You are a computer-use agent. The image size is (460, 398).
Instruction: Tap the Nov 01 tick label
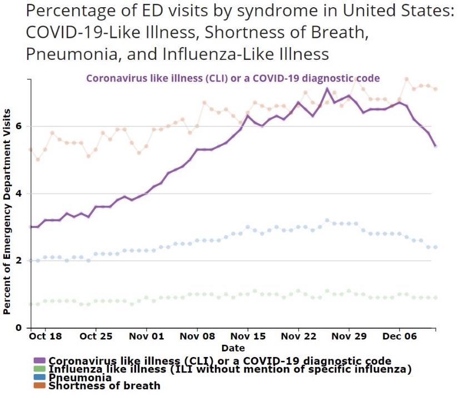(147, 336)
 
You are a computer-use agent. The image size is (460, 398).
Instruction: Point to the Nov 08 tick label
(198, 336)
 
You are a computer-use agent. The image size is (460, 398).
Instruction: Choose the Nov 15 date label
(248, 336)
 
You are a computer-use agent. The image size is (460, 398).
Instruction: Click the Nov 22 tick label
(299, 336)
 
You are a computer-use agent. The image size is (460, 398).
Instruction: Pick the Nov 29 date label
(349, 336)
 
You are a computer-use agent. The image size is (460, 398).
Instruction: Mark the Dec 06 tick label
(400, 336)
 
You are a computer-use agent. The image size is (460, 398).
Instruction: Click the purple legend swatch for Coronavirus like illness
(39, 361)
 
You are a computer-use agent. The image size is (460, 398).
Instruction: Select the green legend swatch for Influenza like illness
(39, 369)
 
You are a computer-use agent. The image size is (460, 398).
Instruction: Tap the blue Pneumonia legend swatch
(39, 377)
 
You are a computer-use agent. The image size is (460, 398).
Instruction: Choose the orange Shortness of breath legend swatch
(39, 385)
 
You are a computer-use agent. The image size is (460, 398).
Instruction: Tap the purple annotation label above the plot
(233, 79)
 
